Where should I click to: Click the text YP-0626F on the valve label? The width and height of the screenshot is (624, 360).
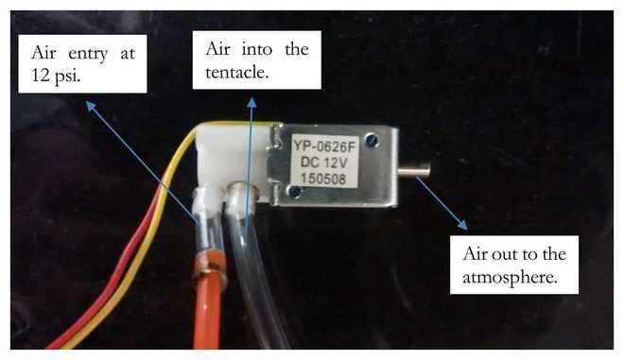pos(323,146)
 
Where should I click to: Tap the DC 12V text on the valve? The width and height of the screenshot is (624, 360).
pos(324,163)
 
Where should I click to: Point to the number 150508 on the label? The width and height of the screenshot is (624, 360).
pos(323,179)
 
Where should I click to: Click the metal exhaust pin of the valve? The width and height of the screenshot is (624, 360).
pos(414,171)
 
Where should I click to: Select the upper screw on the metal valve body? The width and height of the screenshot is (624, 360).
pos(373,140)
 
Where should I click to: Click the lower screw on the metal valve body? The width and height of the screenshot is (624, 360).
pos(294,192)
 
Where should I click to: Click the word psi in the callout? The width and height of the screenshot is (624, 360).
pos(68,75)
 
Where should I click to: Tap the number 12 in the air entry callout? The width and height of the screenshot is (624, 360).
pos(41,74)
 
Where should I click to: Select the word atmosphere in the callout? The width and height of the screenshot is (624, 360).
pos(510,277)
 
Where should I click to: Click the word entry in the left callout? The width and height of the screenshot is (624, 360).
pos(88,54)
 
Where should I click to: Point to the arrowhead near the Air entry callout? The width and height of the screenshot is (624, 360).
pos(91,106)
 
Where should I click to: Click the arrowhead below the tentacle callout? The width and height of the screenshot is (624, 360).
pos(251,102)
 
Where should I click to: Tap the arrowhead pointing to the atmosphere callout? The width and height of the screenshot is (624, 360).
pos(463,225)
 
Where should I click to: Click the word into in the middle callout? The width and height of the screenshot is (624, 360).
pos(257,49)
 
